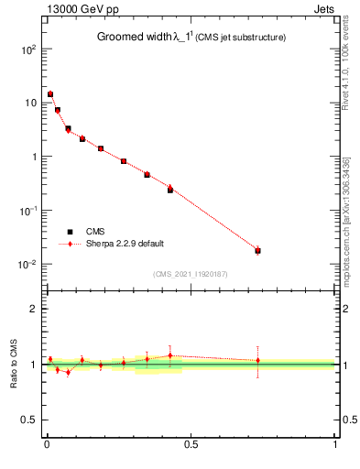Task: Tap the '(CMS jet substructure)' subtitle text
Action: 240,38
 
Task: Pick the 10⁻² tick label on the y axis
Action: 27,264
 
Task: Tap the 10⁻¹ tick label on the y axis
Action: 27,210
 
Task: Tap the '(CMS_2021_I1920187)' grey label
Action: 191,274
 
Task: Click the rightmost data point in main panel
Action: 258,250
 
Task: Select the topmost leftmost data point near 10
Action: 50,94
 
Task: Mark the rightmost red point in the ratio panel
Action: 258,360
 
